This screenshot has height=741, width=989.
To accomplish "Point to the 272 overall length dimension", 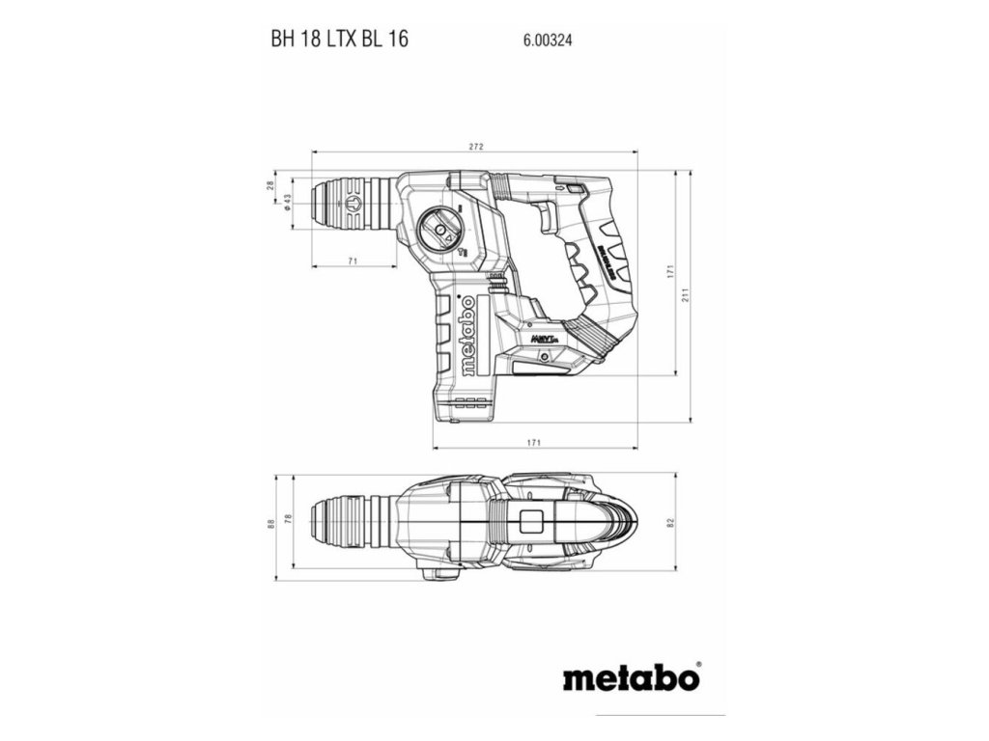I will [475, 147].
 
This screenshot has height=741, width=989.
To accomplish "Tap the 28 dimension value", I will [271, 184].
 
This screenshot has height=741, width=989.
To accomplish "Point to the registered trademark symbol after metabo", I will [698, 665].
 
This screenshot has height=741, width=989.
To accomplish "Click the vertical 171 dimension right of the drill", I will [667, 273].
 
